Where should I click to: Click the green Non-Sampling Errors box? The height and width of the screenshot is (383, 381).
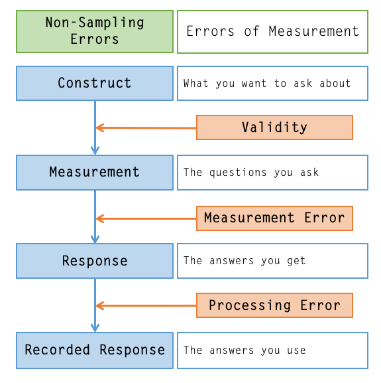94,31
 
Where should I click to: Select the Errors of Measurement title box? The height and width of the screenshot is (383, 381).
272,31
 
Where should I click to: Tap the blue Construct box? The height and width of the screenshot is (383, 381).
94,83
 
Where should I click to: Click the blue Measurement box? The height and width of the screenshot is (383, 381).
94,173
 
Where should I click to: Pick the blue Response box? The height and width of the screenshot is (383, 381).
94,261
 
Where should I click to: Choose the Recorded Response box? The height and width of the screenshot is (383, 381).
94,350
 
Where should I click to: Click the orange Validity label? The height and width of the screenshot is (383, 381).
274,127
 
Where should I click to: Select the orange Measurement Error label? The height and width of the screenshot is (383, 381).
274,218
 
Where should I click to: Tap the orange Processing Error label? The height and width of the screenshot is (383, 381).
274,305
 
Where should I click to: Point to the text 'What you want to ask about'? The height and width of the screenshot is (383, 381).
266,84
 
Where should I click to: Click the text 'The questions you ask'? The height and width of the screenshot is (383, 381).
250,173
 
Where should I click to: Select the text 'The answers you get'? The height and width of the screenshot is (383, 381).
245,261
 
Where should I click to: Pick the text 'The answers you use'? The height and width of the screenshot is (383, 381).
245,350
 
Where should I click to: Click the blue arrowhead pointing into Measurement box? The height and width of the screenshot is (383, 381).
95,150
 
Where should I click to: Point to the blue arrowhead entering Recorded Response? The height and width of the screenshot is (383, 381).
95,327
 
